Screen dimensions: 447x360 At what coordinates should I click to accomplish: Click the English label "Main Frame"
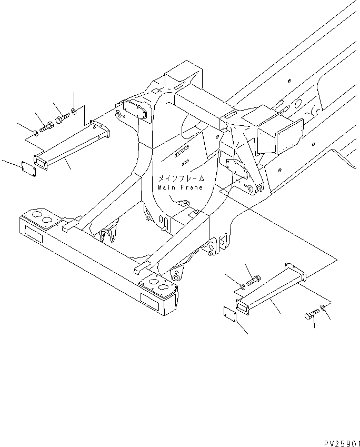[x=180, y=187]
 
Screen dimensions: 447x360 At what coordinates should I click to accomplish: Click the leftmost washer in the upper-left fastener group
[x=35, y=132]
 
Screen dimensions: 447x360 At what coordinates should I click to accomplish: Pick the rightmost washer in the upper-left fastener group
[x=75, y=112]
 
